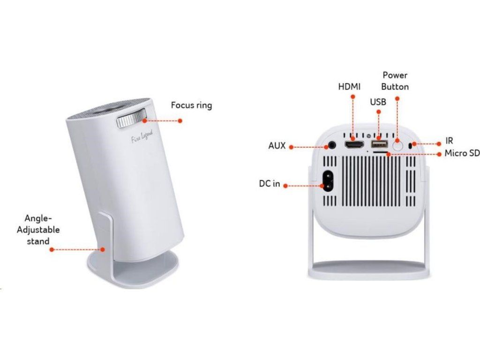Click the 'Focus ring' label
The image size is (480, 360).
tap(191, 105)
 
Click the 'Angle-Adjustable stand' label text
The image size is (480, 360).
tap(38, 230)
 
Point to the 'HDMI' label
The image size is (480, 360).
tap(349, 87)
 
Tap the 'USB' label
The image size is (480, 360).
tap(378, 102)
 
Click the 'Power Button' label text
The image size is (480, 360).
tap(395, 81)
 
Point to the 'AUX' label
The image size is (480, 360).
tap(277, 146)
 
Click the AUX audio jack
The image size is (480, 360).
tap(332, 145)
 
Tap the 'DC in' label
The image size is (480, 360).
tap(270, 184)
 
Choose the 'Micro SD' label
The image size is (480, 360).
tap(462, 153)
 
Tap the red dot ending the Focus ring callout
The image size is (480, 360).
tap(180, 120)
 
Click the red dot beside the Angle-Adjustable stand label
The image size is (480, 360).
tap(51, 250)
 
